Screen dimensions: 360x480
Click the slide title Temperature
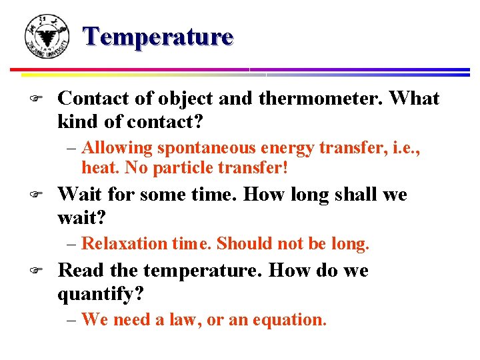pos(159,36)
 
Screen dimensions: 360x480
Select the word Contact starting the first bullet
pos(87,99)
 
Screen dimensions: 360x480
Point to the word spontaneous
pos(200,147)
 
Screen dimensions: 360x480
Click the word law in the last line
pos(185,319)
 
